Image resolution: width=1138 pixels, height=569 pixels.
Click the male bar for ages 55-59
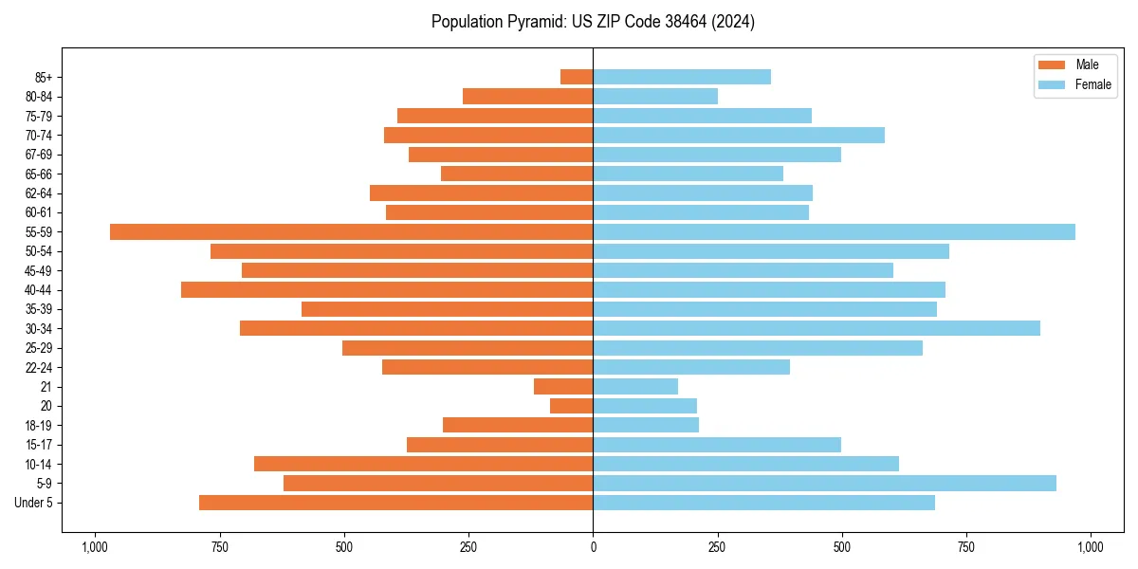click(x=351, y=231)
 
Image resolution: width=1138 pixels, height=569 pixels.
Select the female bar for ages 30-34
click(x=816, y=328)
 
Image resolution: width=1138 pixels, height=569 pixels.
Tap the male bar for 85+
click(x=577, y=77)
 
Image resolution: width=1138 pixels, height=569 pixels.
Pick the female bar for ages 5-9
click(x=824, y=483)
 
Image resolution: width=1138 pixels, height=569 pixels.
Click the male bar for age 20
click(x=572, y=406)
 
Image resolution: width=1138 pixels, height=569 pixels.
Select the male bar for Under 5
click(x=395, y=503)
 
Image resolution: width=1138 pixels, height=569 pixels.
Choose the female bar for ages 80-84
click(x=655, y=96)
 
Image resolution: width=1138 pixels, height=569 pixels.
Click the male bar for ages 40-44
click(x=387, y=289)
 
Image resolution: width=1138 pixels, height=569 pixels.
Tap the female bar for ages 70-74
click(x=739, y=135)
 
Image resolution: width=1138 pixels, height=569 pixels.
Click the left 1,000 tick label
click(x=94, y=546)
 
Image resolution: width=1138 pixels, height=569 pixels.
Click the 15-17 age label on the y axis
click(x=39, y=445)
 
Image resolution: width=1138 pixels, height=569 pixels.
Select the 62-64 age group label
click(x=39, y=193)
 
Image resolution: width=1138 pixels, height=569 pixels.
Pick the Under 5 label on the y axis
click(x=34, y=503)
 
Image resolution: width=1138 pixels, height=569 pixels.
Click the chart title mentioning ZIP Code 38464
click(x=593, y=22)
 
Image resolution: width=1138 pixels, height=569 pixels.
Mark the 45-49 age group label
click(x=39, y=270)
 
